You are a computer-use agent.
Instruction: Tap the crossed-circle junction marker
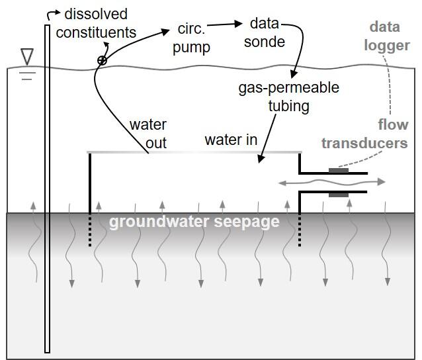point(102,60)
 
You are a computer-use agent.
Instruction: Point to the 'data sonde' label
point(268,32)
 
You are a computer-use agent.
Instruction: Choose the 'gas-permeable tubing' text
point(289,97)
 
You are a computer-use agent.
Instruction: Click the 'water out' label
point(148,133)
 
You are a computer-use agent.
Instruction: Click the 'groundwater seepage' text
point(194,222)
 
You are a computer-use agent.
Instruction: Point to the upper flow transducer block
point(338,171)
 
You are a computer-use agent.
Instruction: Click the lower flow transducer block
point(338,195)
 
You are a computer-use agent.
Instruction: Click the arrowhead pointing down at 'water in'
point(261,159)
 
